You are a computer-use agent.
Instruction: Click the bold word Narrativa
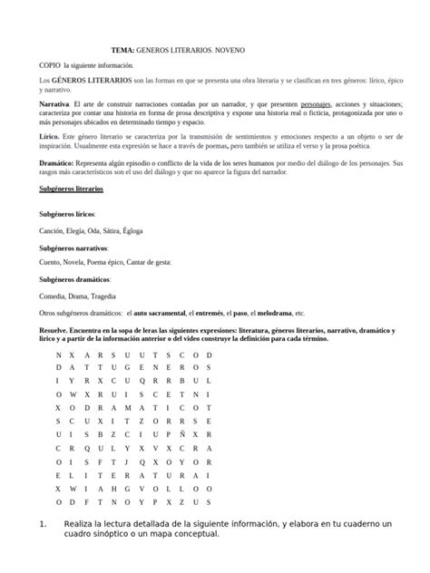[54, 105]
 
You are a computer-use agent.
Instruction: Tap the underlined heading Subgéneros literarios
[72, 189]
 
